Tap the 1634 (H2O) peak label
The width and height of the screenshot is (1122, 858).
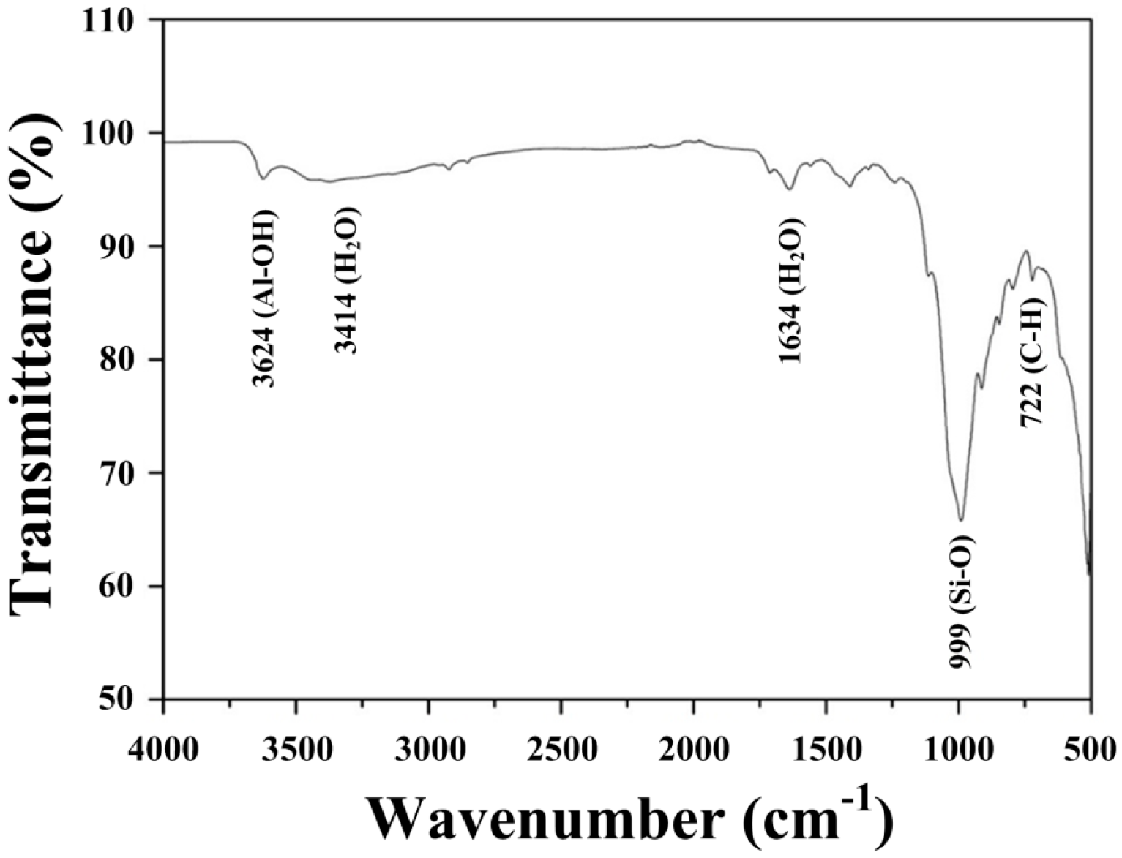[791, 290]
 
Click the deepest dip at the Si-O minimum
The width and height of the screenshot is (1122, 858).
[961, 519]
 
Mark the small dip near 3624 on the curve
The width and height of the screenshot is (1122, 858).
[263, 178]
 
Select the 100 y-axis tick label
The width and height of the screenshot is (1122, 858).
[119, 133]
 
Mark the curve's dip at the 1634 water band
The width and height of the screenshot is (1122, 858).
[790, 189]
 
